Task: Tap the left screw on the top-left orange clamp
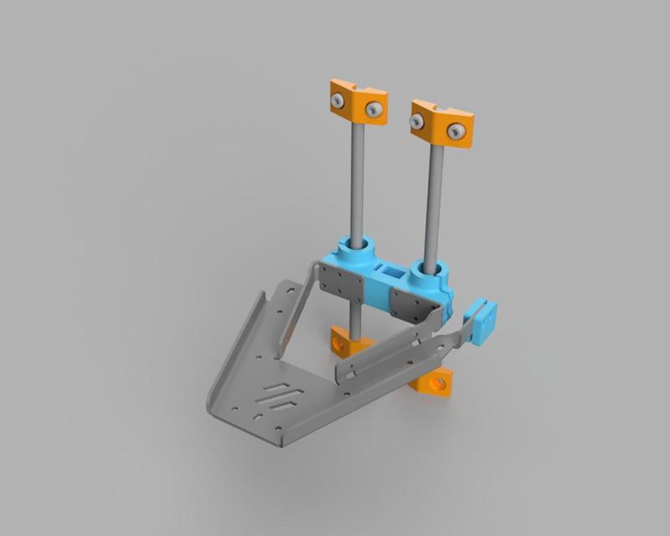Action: click(337, 100)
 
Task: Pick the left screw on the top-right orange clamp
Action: click(417, 122)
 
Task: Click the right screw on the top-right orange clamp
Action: click(456, 131)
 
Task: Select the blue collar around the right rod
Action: click(434, 272)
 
